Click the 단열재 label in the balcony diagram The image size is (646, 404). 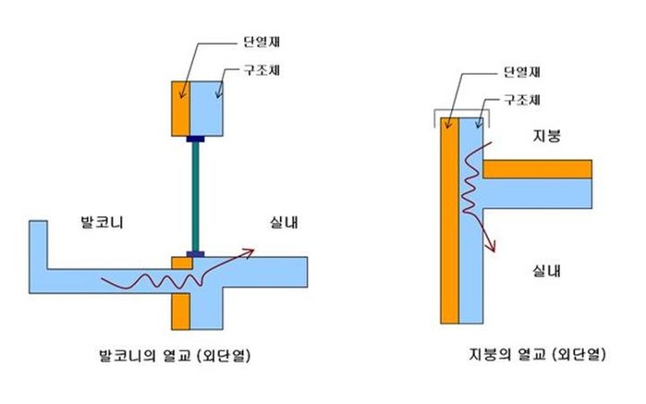pos(249,41)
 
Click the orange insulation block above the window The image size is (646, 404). pos(180,108)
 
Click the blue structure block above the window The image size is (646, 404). pos(206,108)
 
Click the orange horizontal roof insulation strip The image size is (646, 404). pos(537,168)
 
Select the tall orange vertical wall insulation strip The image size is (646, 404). pos(450,222)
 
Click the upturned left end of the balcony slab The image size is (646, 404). pos(39,245)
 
